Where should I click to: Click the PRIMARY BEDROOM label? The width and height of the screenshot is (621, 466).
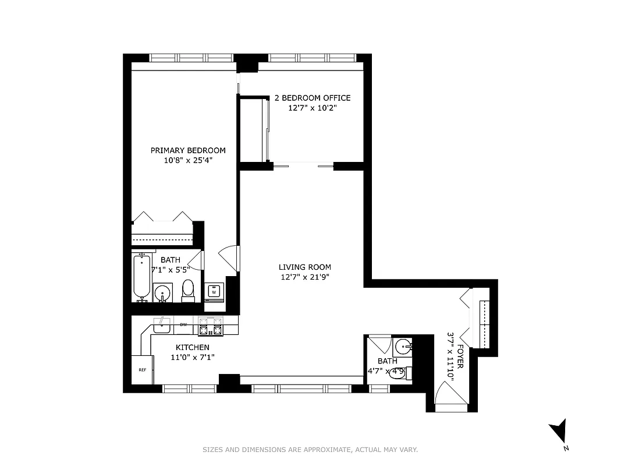(x=188, y=150)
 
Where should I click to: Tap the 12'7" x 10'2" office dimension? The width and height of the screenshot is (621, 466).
(x=313, y=108)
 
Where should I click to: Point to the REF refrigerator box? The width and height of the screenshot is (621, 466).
(x=142, y=370)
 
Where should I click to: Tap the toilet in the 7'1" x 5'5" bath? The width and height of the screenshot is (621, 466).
(x=188, y=290)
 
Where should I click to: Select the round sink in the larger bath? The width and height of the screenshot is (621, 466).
(x=163, y=291)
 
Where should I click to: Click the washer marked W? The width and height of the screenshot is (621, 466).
(x=214, y=291)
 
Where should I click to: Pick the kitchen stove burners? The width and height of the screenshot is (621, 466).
(x=211, y=327)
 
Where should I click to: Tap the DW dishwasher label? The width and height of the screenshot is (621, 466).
(x=183, y=324)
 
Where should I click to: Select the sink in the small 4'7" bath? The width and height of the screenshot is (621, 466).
(x=403, y=348)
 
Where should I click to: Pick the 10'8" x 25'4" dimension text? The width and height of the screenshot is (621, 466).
(x=188, y=160)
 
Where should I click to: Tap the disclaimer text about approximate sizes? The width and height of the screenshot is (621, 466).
(x=310, y=450)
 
